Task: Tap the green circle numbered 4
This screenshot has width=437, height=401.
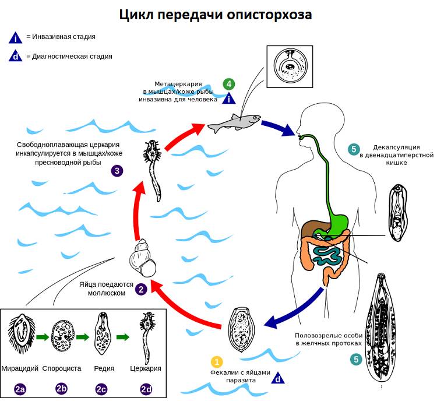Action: click(x=230, y=83)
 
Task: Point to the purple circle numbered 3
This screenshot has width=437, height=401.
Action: click(x=118, y=171)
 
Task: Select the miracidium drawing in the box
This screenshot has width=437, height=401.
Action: click(x=21, y=336)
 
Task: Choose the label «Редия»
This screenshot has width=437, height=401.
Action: click(x=104, y=368)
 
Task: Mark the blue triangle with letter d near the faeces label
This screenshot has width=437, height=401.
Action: click(x=279, y=378)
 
